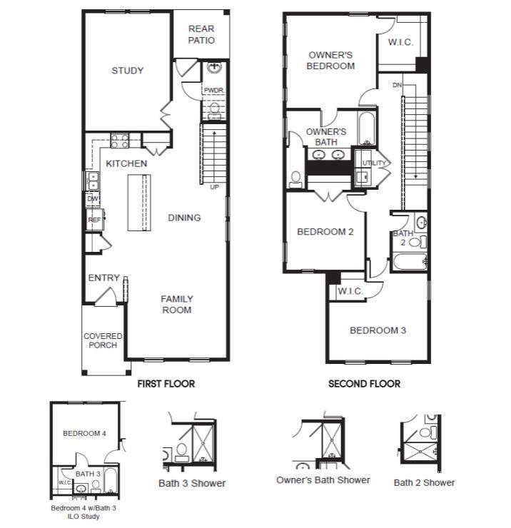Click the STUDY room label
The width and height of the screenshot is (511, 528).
tap(128, 71)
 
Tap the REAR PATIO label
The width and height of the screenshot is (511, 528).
tap(201, 34)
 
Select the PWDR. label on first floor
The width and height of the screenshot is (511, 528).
tap(213, 91)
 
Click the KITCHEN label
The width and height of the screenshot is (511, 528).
tap(126, 163)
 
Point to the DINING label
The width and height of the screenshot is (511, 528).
tap(184, 218)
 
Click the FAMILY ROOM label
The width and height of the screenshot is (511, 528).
tap(176, 305)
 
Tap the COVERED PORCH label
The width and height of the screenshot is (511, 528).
tap(103, 340)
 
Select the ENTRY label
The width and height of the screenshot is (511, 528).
tap(103, 278)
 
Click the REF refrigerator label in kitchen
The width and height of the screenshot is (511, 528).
tap(94, 220)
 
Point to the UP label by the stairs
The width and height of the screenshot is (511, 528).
tap(214, 188)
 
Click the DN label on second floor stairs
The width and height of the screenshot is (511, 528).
tap(397, 86)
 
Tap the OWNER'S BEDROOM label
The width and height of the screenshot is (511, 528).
tap(330, 61)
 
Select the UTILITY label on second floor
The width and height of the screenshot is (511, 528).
tap(374, 163)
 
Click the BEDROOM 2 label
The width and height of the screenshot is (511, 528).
tap(325, 232)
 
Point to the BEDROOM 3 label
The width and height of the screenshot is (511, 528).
tap(378, 330)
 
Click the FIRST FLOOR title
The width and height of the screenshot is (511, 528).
tap(166, 384)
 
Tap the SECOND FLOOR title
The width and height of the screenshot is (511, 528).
tap(364, 384)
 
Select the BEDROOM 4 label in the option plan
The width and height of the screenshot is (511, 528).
tap(84, 433)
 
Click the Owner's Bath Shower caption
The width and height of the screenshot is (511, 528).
tap(323, 480)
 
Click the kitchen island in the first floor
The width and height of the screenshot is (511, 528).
tap(140, 202)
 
